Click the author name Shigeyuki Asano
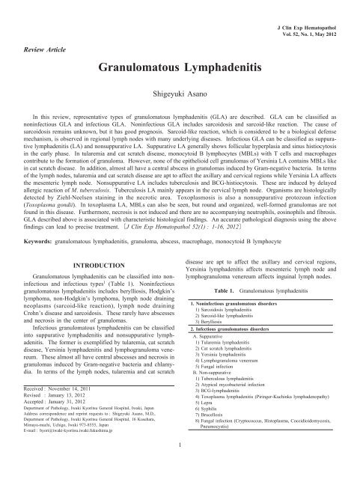(x=179, y=95)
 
